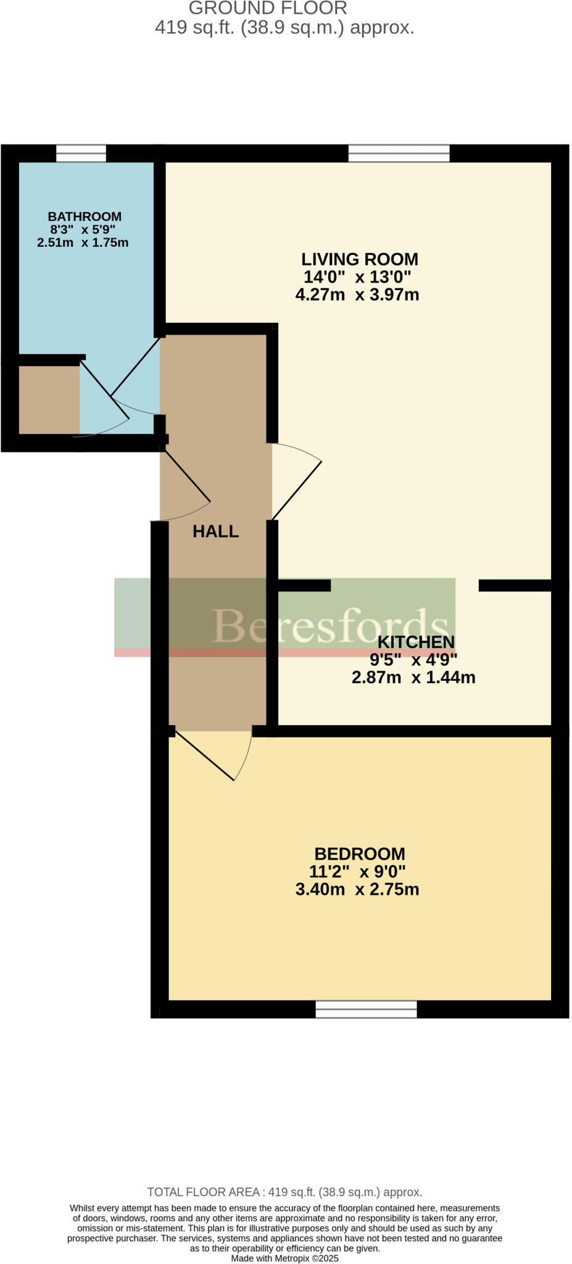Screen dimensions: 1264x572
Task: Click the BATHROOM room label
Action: click(x=85, y=217)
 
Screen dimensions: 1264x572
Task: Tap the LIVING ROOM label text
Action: click(x=359, y=259)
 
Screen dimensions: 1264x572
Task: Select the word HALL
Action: click(x=215, y=531)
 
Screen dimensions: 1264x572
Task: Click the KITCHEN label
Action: click(x=415, y=642)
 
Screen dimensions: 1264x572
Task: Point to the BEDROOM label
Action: click(x=360, y=854)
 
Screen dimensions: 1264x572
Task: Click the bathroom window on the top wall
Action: click(x=81, y=153)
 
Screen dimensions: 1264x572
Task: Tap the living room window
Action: click(x=399, y=153)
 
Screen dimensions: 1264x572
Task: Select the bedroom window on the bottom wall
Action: click(x=366, y=1010)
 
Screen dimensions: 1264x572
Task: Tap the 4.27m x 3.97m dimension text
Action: click(x=357, y=295)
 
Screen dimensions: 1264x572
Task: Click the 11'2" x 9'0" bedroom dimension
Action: click(x=357, y=872)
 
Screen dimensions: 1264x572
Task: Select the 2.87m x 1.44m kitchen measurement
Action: click(x=413, y=678)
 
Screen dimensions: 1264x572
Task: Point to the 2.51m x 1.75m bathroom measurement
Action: click(x=83, y=243)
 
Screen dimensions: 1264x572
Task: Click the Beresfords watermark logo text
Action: click(x=330, y=625)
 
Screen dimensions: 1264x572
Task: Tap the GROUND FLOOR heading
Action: click(x=268, y=9)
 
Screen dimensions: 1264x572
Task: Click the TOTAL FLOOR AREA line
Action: click(x=284, y=1192)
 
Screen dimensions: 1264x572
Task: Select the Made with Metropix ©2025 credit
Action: click(x=284, y=1258)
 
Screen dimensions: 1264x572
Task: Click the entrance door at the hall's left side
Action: click(x=185, y=488)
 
